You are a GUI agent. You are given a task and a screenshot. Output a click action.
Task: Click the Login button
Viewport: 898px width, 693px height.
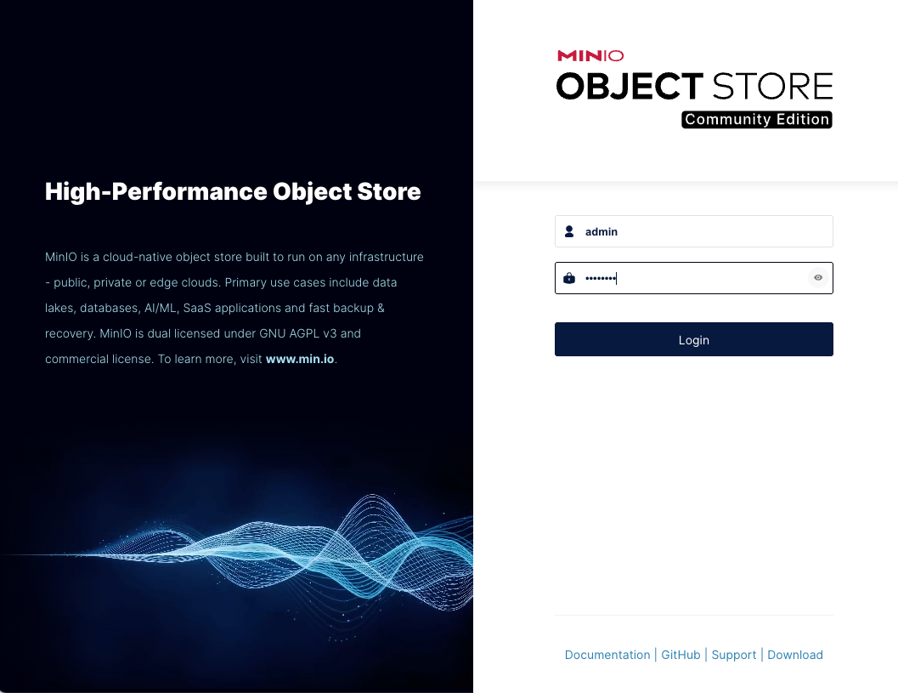[693, 339]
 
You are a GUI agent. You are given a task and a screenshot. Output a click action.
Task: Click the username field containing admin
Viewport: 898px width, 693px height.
[693, 231]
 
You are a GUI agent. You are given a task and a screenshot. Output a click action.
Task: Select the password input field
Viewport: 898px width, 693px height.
[693, 278]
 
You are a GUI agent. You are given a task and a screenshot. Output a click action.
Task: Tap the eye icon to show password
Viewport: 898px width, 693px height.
[818, 278]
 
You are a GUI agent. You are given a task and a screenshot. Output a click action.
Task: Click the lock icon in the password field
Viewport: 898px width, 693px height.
[568, 278]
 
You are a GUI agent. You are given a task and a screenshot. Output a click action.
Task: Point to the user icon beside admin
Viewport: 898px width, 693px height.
[568, 231]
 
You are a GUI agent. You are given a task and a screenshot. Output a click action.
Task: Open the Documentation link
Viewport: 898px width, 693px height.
[607, 655]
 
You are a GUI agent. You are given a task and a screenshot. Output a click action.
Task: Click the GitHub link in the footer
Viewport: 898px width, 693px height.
[681, 655]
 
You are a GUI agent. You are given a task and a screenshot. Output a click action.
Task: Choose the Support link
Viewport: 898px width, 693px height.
[734, 655]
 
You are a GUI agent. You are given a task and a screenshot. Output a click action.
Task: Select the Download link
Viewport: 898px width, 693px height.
[795, 655]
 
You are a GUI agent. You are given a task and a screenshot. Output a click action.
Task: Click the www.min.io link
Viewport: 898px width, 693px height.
[300, 359]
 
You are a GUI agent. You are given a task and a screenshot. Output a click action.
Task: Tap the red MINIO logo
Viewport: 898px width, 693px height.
[590, 55]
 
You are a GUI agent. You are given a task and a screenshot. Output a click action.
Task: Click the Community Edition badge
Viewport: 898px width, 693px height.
[756, 119]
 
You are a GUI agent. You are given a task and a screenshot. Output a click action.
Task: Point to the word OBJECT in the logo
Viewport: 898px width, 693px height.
[630, 86]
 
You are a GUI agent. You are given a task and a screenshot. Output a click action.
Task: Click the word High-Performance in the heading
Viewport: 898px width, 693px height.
[155, 191]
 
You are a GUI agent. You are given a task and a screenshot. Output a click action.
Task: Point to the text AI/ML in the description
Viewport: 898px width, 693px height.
[161, 308]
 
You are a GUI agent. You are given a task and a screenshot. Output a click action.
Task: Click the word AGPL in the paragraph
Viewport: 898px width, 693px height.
[304, 333]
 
